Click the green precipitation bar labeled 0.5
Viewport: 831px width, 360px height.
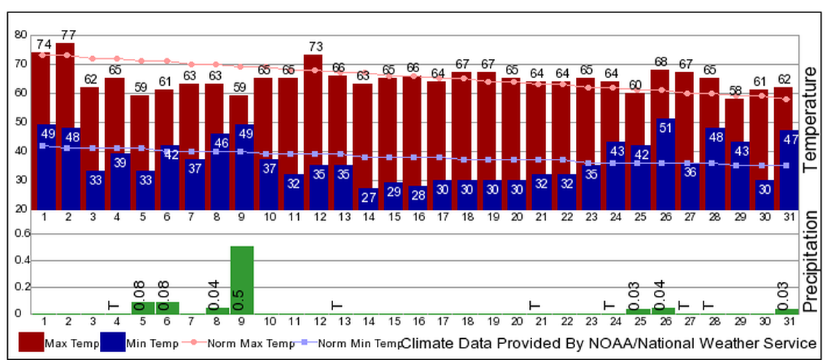tap(241, 281)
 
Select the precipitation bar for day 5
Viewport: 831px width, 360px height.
tap(142, 308)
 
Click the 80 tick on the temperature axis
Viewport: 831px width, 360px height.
tap(20, 34)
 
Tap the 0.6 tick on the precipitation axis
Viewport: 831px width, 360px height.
tap(19, 234)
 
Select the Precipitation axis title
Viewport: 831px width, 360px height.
tap(811, 262)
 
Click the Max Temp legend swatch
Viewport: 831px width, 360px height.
tap(30, 343)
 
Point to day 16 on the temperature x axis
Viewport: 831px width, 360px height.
tap(418, 217)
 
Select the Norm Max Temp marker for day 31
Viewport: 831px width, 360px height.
tap(786, 99)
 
